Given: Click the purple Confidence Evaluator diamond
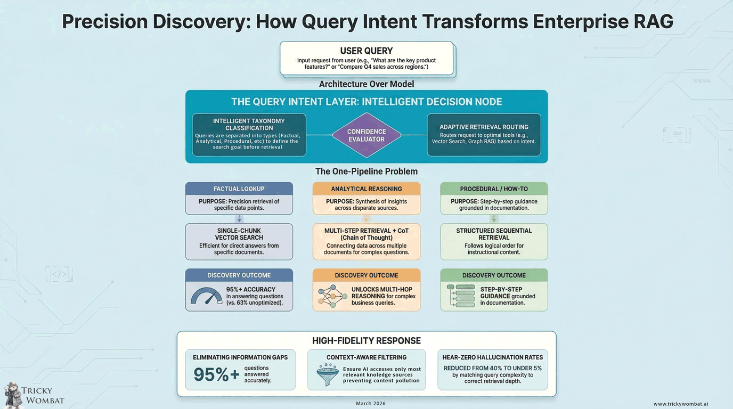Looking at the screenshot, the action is coord(366,135).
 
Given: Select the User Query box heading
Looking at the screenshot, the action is coord(366,51).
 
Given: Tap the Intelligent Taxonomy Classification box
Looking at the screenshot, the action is coord(249,135).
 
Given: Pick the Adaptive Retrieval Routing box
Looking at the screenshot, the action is coord(484,135).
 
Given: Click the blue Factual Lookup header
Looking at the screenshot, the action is coord(239,189).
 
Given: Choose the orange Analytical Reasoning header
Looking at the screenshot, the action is coord(366,189).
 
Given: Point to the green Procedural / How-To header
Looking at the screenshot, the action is coord(494,189).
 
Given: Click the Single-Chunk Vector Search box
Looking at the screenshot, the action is coord(239,241).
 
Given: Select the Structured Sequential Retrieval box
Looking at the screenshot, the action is coord(494,241).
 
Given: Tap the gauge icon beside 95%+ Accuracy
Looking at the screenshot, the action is coord(206,296).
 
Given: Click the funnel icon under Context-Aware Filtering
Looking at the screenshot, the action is coord(327,374).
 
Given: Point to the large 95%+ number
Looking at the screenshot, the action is coord(216,374).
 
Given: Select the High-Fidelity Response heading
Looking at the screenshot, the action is coord(366,341).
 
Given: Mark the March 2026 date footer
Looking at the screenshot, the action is coord(371,404).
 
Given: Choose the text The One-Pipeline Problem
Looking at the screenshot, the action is coord(366,171).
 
